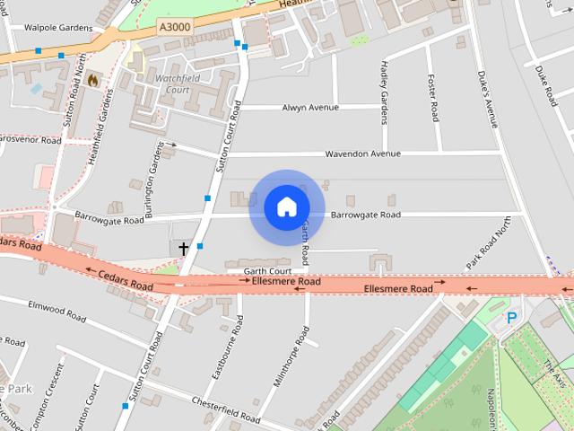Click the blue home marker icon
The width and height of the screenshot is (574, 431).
click(286, 207)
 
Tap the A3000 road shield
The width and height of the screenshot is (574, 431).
click(174, 28)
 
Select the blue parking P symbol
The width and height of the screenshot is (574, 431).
click(512, 317)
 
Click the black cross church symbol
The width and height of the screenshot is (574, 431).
click(184, 248)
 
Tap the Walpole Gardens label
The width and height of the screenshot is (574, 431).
click(58, 28)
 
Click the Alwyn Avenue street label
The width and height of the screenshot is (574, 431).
click(310, 108)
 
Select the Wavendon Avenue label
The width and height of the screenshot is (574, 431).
click(362, 154)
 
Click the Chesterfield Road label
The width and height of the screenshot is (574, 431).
click(231, 410)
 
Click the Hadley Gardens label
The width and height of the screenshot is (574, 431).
click(384, 92)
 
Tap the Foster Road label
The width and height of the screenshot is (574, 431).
click(434, 98)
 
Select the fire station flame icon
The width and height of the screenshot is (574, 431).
click(91, 81)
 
